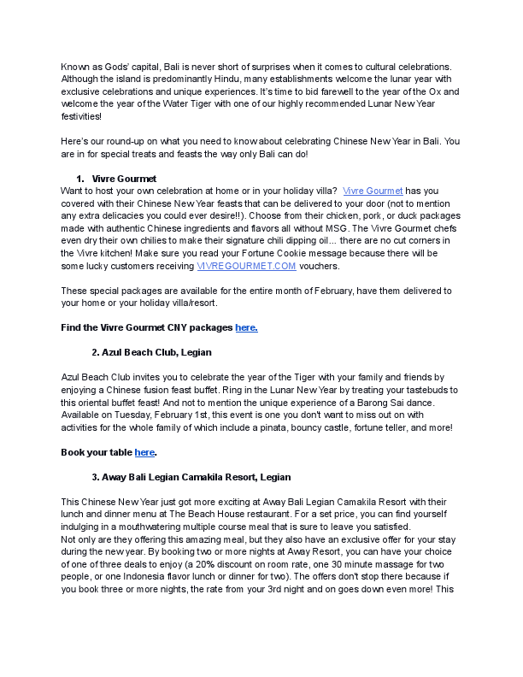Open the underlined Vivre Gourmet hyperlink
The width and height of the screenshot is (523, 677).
[x=373, y=190]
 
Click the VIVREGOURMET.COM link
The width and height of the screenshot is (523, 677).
[x=246, y=267]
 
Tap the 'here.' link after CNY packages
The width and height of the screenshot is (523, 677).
[x=246, y=327]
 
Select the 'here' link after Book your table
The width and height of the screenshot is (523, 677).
[x=144, y=452]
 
